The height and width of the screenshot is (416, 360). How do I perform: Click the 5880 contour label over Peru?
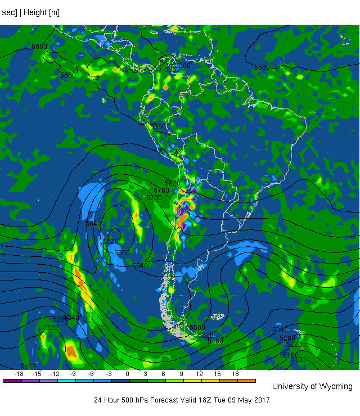coord(159,127)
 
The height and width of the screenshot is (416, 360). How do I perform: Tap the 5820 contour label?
coord(172,183)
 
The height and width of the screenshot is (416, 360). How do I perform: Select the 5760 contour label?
coord(161,191)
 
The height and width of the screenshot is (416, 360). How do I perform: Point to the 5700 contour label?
coord(154,198)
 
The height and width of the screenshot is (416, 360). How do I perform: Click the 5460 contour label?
coord(215,341)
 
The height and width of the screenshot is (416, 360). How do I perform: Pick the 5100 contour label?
coord(299,360)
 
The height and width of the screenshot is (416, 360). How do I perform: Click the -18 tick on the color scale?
coord(19,374)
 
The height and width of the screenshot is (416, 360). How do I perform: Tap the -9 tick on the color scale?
coord(73,374)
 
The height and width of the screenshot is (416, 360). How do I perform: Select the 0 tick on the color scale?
coord(127,374)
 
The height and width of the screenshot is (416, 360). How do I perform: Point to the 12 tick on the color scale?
coord(199,374)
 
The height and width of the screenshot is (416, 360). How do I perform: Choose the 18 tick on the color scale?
coord(235,374)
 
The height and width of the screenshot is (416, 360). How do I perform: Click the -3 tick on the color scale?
coord(109,374)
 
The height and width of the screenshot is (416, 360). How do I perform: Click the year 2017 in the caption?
coord(261,400)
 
